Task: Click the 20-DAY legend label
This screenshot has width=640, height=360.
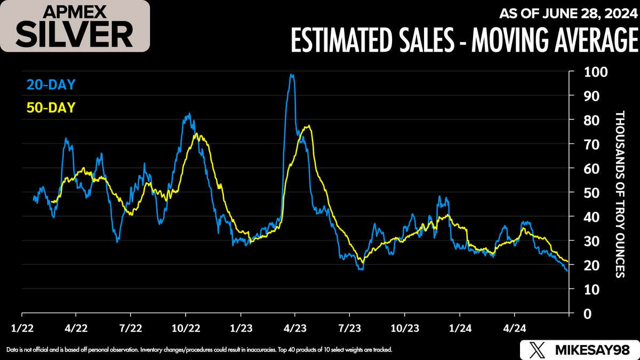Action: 51,84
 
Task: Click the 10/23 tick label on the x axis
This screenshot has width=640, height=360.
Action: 403,326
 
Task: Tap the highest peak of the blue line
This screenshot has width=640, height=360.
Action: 291,75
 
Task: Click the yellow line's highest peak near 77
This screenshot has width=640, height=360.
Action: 308,126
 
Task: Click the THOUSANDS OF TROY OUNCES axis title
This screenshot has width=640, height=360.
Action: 619,194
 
